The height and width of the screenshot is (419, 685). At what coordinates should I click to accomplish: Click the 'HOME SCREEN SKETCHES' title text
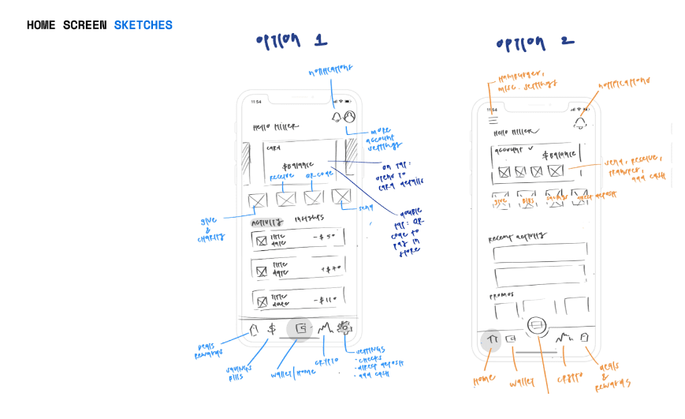click(99, 25)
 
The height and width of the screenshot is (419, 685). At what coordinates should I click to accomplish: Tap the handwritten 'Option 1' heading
click(291, 41)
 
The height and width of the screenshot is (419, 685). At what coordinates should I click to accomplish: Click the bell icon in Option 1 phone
click(337, 118)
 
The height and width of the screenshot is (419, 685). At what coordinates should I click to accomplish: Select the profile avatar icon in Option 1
click(349, 118)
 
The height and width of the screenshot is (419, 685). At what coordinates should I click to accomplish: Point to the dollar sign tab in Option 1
click(271, 329)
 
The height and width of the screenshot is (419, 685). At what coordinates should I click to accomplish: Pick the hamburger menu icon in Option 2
click(493, 121)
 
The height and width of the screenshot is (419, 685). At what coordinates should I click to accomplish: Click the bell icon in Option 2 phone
click(580, 122)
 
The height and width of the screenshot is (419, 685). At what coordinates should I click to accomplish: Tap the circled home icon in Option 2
click(491, 339)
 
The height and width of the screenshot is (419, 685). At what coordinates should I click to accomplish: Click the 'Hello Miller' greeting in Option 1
click(269, 126)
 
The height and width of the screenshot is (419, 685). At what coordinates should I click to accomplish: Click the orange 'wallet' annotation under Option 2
click(521, 383)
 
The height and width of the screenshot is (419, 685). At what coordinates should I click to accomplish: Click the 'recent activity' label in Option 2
click(517, 236)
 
